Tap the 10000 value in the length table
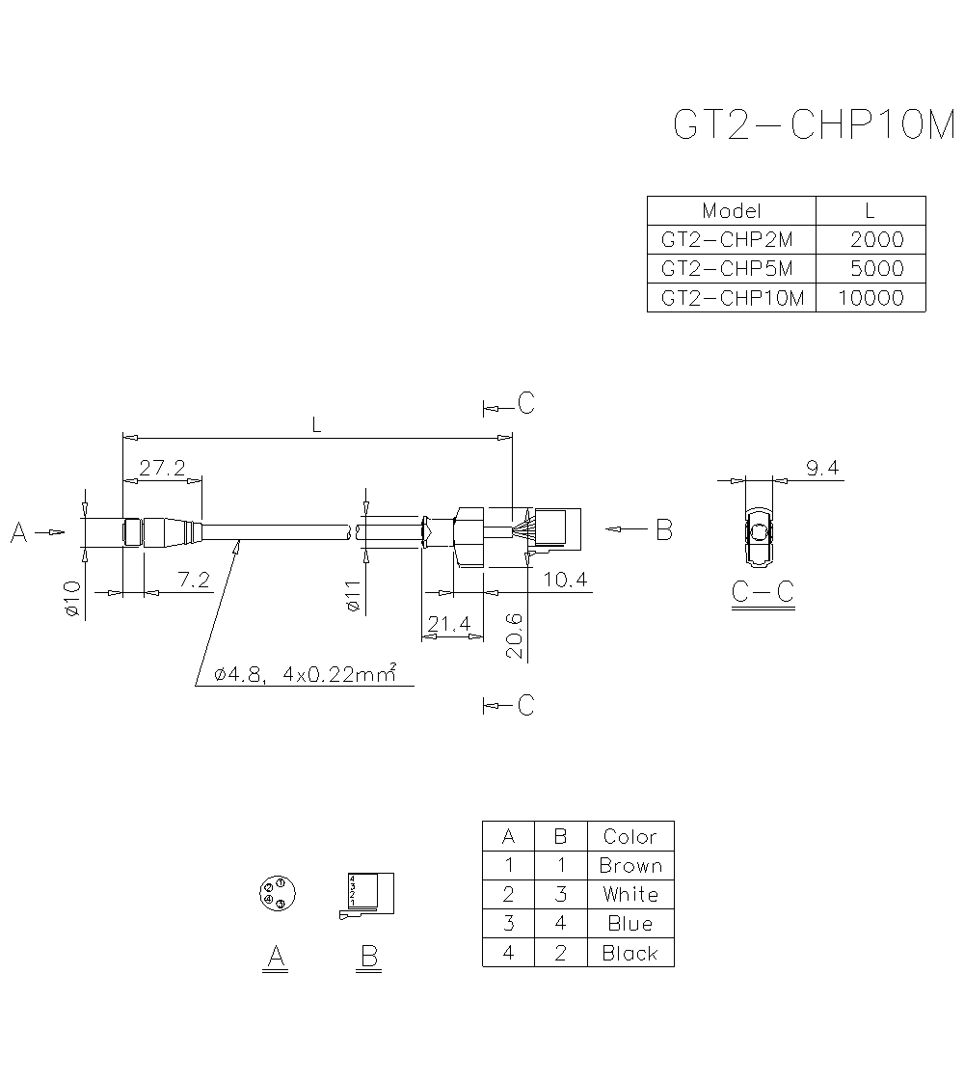pos(870,298)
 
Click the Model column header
pos(732,211)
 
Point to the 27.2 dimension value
pos(162,469)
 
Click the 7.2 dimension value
pos(194,580)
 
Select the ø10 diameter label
pos(71,598)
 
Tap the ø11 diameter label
pos(352,594)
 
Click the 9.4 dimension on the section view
pos(822,469)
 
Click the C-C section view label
pos(762,591)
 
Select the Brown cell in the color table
pos(630,866)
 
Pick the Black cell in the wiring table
pos(630,954)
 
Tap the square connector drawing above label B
pos(369,894)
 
